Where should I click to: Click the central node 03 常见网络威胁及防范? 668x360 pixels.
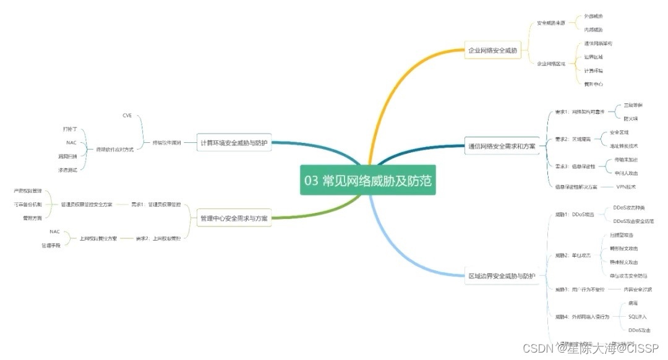368,180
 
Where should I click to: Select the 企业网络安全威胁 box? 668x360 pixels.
493,49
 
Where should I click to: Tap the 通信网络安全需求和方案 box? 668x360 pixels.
502,147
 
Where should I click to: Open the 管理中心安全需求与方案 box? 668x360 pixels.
234,218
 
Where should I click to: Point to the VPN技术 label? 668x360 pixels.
626,186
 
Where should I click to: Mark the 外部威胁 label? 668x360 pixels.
593,16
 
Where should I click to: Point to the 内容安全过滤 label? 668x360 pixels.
638,289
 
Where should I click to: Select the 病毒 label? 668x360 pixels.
633,303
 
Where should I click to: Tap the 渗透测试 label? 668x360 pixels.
67,169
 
